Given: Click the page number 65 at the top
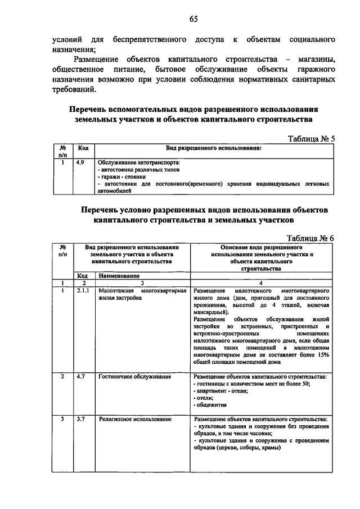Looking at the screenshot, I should pos(193,19).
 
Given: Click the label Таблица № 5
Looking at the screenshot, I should pos(311,138).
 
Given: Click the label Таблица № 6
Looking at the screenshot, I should pos(310,237).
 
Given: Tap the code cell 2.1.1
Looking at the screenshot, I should pos(83,291).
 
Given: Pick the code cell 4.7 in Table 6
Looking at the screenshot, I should pos(82,375).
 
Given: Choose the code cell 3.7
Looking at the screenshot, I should pos(82,419).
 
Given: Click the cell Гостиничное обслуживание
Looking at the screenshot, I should pos(135,375).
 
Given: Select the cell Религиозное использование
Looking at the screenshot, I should pos(135,419).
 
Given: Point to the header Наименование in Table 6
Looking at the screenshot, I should pos(119,276).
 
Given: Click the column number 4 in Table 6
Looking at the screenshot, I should pos(261,283).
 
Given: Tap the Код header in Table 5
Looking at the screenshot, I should pos(83,148).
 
